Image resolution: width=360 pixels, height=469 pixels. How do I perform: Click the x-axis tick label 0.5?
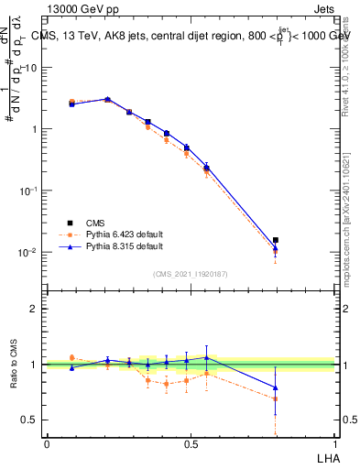(191, 443)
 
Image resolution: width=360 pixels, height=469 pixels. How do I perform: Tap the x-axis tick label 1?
(334, 443)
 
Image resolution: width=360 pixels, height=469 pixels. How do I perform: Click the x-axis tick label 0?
(47, 443)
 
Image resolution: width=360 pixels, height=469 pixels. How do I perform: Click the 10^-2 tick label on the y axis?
(29, 252)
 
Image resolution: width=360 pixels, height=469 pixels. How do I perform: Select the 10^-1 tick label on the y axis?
(29, 191)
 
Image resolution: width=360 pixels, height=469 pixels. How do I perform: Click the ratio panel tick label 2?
(35, 309)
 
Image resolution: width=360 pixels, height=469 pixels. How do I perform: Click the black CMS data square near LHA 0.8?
(276, 240)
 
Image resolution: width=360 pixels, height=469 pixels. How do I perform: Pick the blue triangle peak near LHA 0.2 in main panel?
(107, 99)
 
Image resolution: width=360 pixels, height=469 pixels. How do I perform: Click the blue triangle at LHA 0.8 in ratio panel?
(276, 387)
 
